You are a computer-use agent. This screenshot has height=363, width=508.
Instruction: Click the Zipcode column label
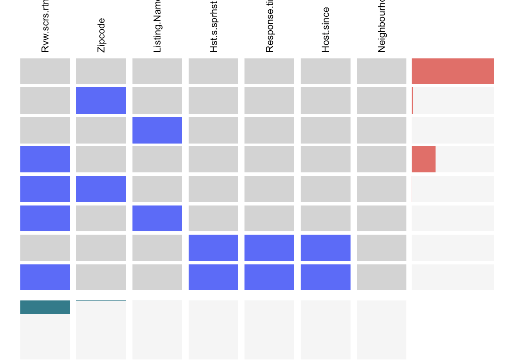coord(101,35)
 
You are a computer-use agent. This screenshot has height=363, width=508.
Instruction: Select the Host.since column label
coord(326,30)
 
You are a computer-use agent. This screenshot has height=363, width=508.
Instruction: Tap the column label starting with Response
coord(270,27)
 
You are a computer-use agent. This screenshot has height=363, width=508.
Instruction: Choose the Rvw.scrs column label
coord(45,27)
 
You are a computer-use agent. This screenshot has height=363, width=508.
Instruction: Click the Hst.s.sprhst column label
coord(214,27)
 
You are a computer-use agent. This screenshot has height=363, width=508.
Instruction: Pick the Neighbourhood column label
coord(382,27)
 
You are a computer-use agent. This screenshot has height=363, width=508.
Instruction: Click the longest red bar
coord(452,71)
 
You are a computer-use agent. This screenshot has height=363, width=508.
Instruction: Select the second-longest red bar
coord(424,159)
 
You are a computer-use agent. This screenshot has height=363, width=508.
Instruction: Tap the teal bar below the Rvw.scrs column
coord(45,307)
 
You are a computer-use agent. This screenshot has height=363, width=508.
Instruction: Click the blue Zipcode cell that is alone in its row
coord(101,100)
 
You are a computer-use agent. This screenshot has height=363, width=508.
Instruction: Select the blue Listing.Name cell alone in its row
coord(157,130)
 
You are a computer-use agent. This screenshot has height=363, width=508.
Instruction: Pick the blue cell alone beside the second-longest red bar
coord(45,159)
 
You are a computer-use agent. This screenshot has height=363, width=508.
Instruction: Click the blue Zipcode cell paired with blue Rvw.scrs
coord(101,189)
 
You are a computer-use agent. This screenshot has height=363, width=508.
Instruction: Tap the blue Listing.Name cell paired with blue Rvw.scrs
coord(157,218)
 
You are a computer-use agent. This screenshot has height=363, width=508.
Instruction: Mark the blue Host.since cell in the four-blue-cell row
coord(326,277)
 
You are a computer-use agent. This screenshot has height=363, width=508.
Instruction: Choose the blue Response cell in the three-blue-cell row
coord(270,248)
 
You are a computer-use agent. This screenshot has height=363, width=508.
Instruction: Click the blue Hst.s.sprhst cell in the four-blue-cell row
coord(214,277)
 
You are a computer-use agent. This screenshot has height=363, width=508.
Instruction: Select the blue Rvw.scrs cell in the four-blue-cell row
coord(45,277)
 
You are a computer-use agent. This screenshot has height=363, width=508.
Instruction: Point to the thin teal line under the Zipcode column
coord(101,301)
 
